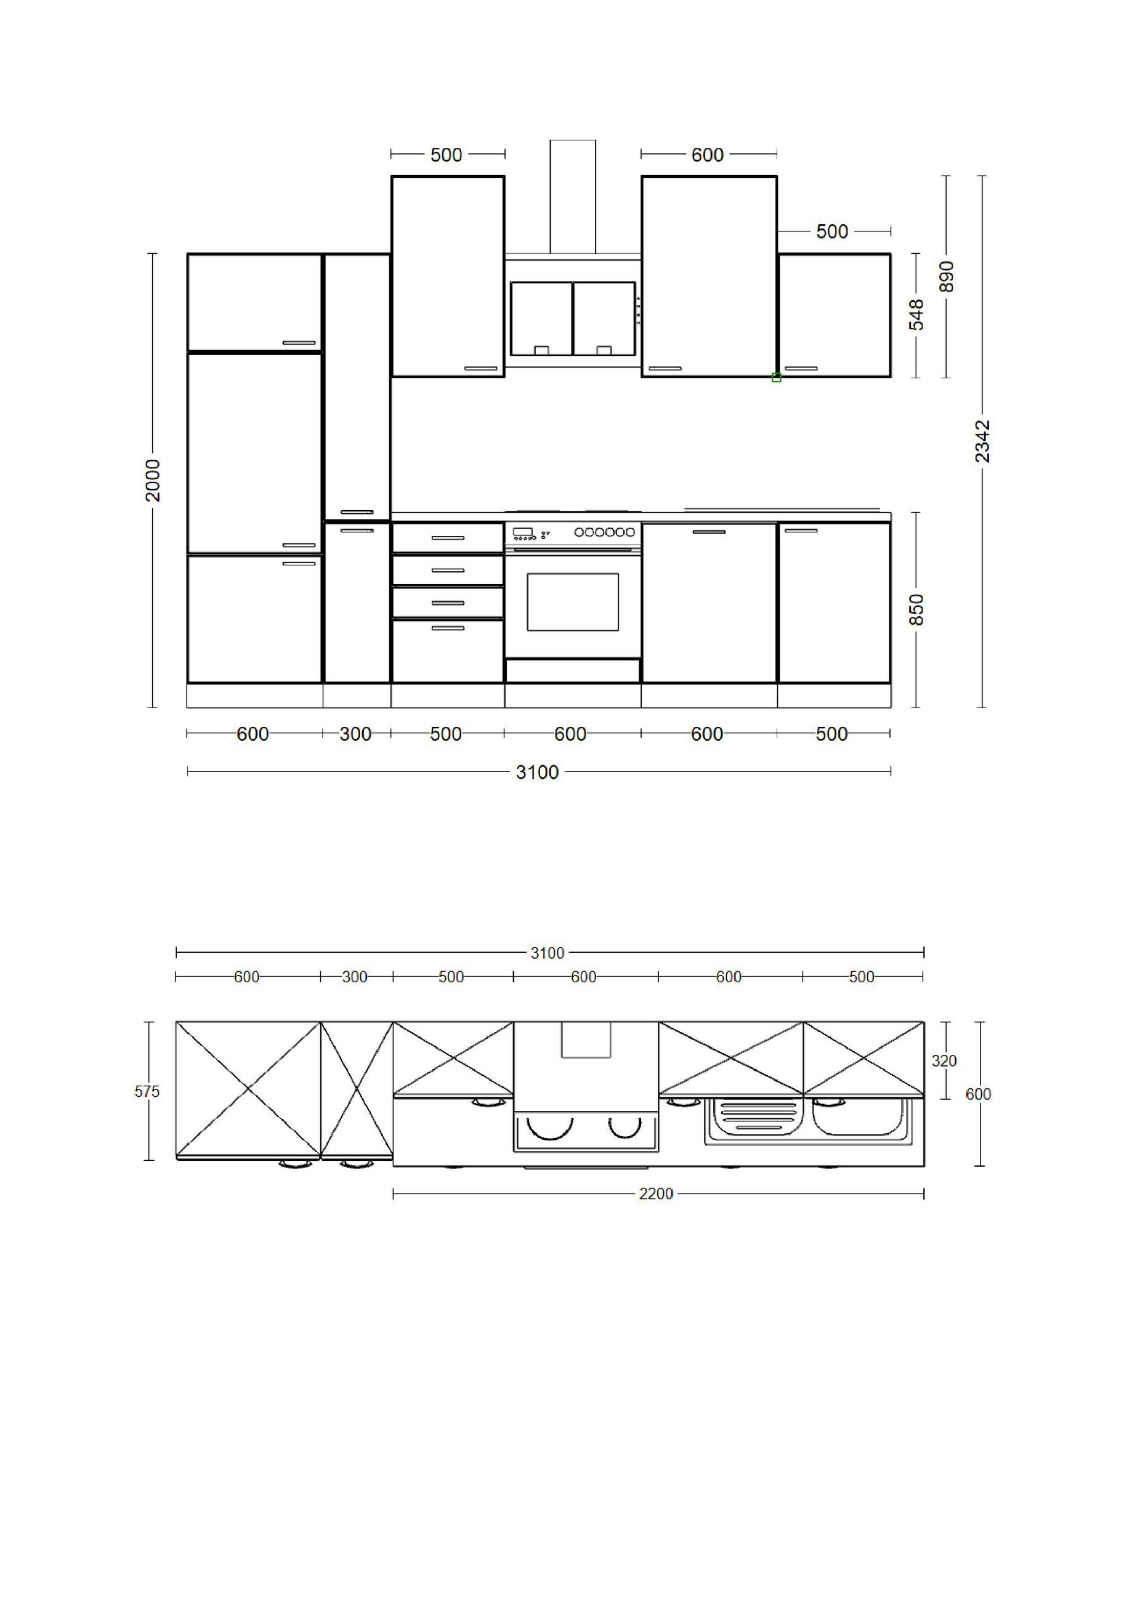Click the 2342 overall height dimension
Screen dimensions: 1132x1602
[982, 441]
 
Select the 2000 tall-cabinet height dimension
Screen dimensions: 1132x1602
[153, 480]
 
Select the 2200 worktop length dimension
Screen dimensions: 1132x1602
[657, 1194]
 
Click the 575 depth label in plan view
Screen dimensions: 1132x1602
[147, 1092]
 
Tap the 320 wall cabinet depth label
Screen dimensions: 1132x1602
[944, 1061]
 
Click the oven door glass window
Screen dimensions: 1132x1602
[573, 602]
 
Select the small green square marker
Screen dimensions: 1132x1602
[776, 378]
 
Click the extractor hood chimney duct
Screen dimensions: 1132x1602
[573, 197]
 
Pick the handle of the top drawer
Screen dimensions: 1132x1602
[448, 538]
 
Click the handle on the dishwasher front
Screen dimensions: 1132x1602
[709, 532]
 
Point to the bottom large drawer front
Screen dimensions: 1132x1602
[448, 650]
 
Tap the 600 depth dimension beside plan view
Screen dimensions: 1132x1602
[978, 1095]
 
